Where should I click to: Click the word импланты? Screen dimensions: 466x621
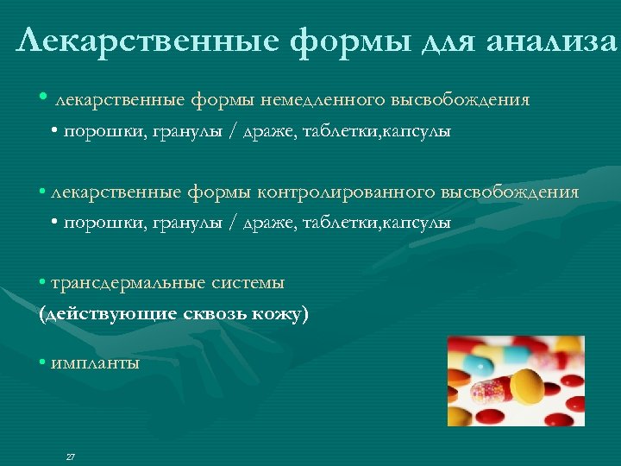[95, 363]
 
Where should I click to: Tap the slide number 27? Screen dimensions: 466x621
[71, 457]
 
